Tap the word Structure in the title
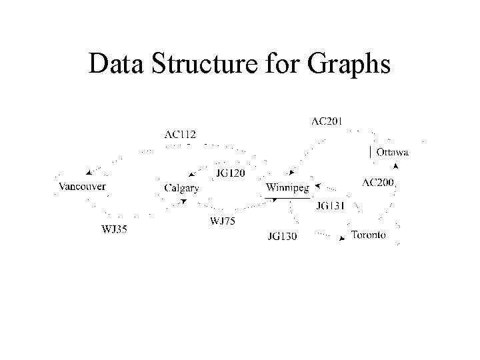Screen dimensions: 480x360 point(199,64)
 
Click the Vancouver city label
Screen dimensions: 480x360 point(82,187)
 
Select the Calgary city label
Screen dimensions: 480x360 point(181,188)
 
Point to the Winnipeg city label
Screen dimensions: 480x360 point(287,188)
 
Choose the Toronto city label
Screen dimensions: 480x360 point(368,235)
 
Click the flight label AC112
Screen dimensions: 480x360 point(180,133)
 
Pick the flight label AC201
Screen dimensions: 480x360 point(327,121)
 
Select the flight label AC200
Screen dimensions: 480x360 point(378,182)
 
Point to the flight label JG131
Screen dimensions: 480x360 point(330,206)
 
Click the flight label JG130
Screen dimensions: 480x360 point(282,236)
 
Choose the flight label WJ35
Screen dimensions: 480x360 point(114,230)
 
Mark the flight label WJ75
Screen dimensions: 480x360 point(223,221)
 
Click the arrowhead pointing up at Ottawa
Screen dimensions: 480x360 point(396,165)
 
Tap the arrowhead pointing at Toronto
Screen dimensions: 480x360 point(345,237)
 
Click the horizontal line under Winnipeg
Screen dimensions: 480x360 point(287,198)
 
